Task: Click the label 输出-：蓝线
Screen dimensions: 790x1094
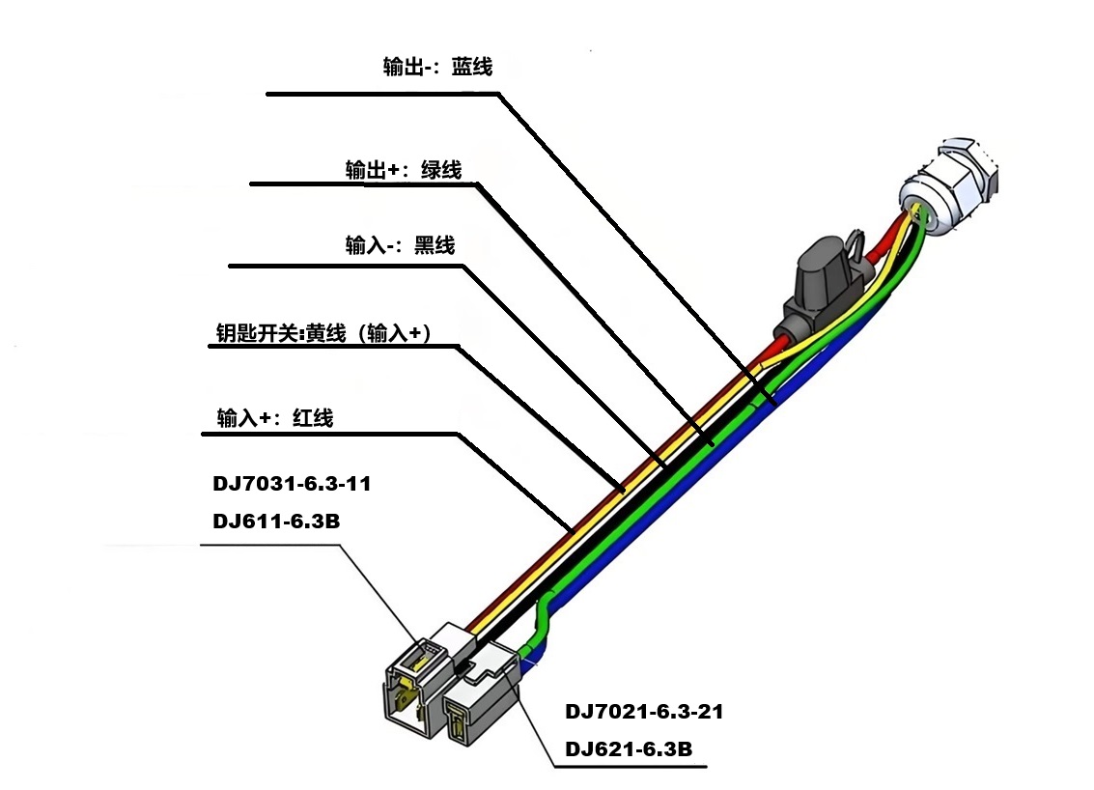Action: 437,68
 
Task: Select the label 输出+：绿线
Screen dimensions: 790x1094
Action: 404,171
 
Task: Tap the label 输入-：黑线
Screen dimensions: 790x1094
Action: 400,245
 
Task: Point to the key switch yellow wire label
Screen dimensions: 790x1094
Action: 323,333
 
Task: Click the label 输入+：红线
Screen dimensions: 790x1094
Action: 275,418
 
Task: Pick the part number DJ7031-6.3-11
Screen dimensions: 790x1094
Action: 292,484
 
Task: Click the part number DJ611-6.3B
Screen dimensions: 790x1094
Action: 276,522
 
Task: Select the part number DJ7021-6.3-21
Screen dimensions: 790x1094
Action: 644,713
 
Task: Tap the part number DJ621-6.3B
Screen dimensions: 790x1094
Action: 629,749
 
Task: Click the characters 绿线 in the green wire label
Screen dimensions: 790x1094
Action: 441,171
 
